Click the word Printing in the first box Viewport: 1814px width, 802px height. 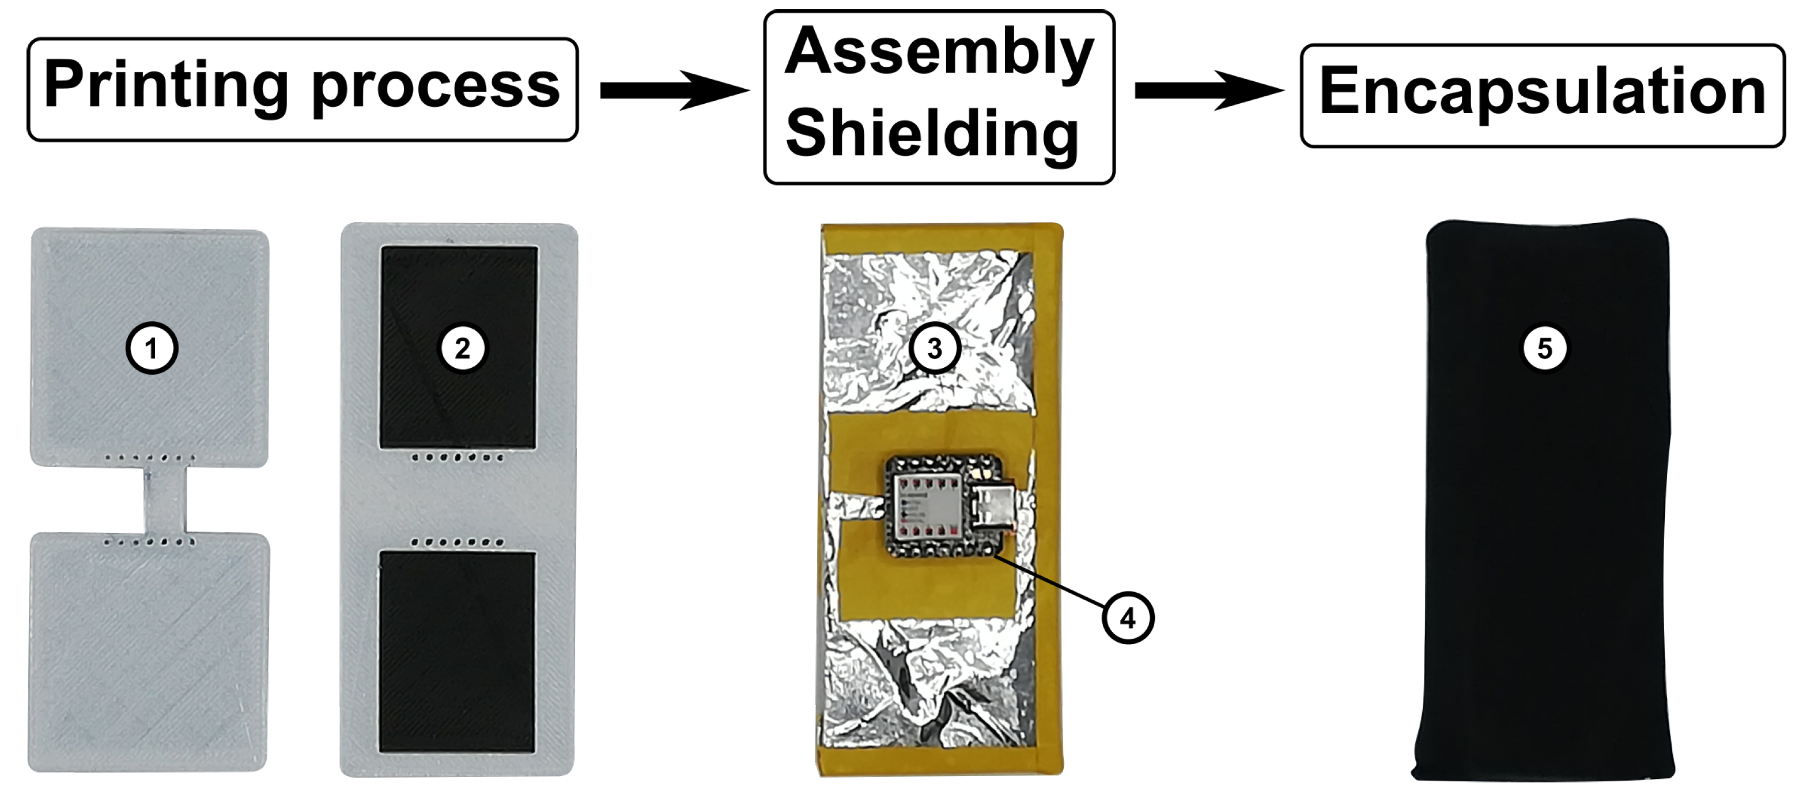(166, 86)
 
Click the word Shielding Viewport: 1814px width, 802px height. (932, 134)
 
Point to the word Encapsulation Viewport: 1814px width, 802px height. (1542, 92)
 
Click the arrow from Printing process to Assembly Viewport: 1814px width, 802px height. (672, 90)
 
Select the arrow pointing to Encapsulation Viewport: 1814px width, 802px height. (1207, 90)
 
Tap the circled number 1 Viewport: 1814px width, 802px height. (152, 348)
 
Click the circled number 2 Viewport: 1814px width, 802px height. (462, 348)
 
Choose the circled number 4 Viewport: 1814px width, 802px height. (1128, 618)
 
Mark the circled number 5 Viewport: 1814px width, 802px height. (1544, 348)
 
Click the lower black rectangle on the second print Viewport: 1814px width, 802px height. (457, 652)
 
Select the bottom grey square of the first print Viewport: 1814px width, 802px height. (148, 652)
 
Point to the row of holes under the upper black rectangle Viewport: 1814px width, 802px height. (458, 458)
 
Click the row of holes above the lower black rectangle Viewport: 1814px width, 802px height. (458, 543)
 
